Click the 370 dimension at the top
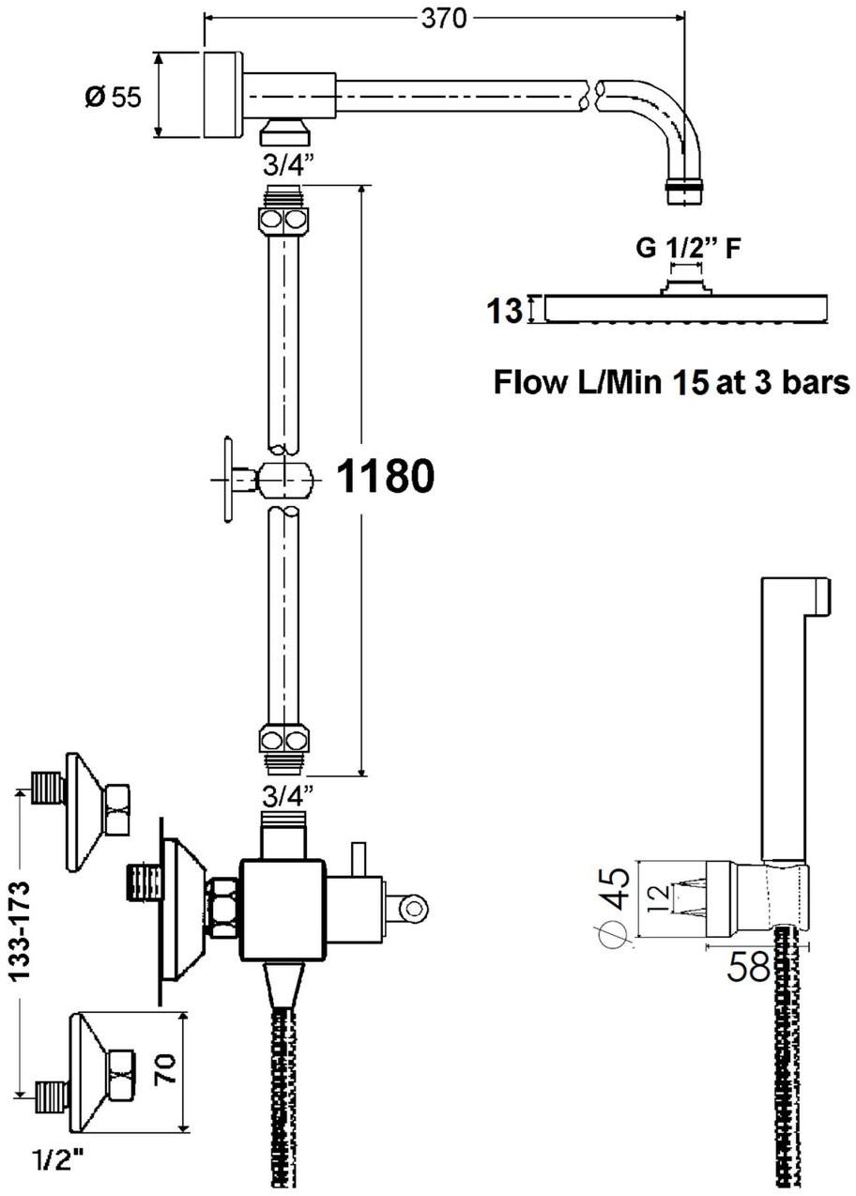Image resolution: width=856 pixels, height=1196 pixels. (443, 19)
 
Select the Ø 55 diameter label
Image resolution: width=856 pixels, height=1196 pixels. (114, 98)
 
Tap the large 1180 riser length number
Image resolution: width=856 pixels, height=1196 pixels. (386, 476)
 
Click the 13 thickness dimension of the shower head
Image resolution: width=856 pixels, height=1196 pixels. (504, 312)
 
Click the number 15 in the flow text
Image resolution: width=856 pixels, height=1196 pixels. (690, 382)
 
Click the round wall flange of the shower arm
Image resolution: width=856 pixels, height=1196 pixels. (222, 95)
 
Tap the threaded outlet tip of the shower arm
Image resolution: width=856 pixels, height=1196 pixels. (684, 192)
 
